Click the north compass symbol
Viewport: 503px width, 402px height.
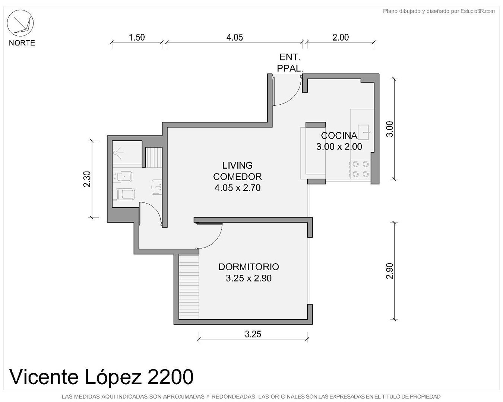point(20,23)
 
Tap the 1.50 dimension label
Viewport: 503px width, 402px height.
point(137,37)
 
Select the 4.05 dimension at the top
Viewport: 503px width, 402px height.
point(234,37)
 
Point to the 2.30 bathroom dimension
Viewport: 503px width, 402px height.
point(87,179)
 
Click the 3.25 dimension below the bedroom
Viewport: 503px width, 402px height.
point(253,334)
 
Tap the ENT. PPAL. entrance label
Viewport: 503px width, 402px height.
point(290,63)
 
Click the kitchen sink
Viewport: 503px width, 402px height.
point(363,132)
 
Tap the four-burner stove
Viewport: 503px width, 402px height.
point(360,169)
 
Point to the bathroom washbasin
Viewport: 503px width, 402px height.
point(156,187)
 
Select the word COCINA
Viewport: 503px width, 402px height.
point(339,135)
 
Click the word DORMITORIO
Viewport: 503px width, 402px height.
point(249,267)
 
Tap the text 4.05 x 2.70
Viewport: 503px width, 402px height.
point(237,188)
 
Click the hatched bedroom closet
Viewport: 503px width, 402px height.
point(189,286)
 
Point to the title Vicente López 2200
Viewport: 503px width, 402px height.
point(101,377)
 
